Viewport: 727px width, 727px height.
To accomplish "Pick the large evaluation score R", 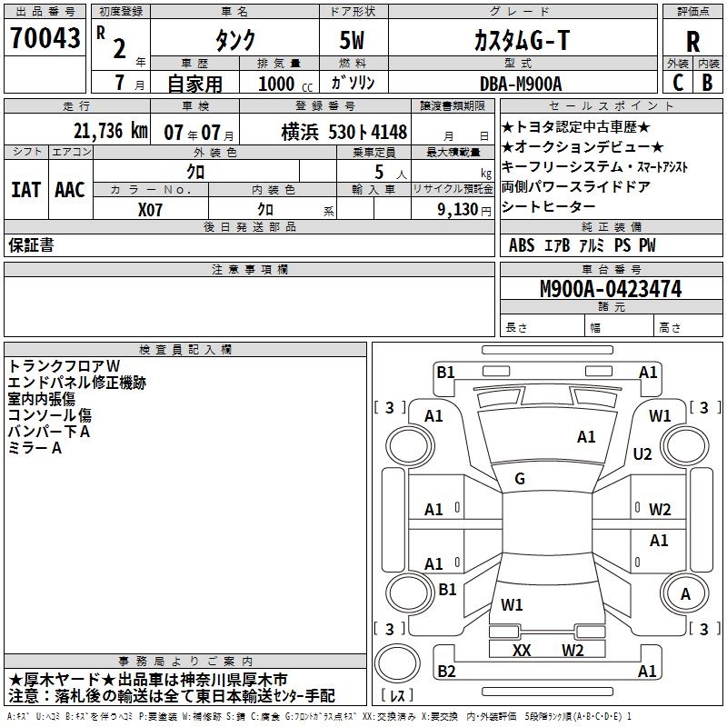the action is tap(692, 42).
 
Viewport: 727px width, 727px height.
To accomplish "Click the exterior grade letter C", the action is tap(678, 82).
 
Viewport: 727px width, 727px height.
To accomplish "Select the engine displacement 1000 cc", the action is tap(280, 83).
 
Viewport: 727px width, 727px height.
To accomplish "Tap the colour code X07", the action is tap(151, 208).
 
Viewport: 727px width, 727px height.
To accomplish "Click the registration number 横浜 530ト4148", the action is tap(332, 132).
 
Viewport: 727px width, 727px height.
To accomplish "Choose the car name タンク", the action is tap(234, 41).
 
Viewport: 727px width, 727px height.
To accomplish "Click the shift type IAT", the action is tap(25, 190).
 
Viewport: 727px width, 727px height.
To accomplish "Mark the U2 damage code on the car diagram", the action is tap(643, 453).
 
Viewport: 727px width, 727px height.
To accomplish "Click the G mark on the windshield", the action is tap(520, 479).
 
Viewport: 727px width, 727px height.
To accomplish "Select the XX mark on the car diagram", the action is tap(522, 650).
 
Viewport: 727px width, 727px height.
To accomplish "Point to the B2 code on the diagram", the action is tap(446, 672).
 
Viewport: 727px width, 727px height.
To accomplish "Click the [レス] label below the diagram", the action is tap(399, 696).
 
